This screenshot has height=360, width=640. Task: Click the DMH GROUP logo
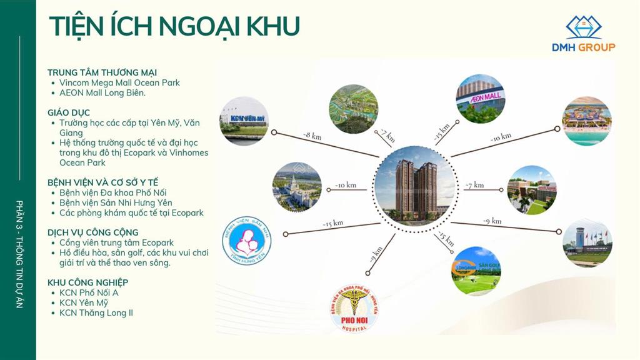tap(583, 34)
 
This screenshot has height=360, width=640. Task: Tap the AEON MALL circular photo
tap(479, 99)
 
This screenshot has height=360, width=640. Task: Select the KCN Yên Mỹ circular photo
tap(244, 121)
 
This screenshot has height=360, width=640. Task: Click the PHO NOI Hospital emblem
tap(354, 308)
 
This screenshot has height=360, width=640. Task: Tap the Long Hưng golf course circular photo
tap(476, 271)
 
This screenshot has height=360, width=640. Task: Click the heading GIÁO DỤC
tap(69, 112)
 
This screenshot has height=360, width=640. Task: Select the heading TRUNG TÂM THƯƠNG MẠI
tap(102, 72)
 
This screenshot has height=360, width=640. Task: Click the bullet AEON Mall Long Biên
tap(102, 92)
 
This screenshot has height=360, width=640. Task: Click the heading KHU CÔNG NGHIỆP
tap(87, 282)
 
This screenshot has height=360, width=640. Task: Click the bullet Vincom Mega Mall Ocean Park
tap(119, 82)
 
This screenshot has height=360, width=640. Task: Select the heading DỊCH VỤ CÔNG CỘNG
tap(93, 232)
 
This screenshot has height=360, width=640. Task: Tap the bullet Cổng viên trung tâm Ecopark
tap(116, 242)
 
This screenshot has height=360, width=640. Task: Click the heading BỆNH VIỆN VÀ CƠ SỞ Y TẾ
tap(103, 182)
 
